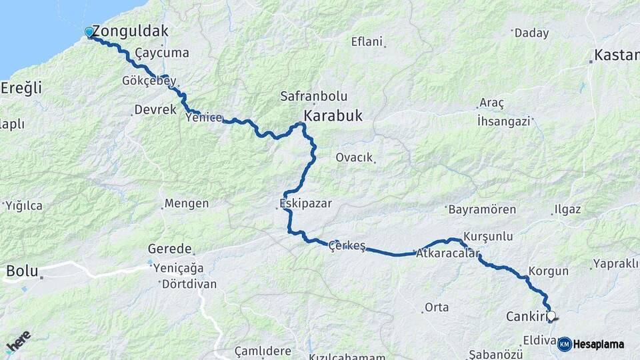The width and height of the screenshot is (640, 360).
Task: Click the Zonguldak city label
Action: [130, 31]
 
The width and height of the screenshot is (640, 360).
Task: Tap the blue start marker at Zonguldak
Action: [89, 32]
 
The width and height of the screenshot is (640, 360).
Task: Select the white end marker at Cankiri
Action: [551, 316]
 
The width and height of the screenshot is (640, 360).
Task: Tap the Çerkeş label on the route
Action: [347, 246]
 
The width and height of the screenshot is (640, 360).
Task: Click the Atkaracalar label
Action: [447, 254]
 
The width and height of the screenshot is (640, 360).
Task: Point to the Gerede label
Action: [170, 249]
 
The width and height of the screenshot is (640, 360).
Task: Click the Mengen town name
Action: [187, 203]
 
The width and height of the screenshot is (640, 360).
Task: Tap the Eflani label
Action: [367, 41]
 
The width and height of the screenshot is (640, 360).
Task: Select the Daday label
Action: [532, 33]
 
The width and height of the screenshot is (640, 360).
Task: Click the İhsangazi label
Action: [503, 121]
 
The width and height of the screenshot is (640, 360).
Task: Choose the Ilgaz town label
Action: [567, 209]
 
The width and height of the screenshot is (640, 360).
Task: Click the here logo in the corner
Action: [18, 341]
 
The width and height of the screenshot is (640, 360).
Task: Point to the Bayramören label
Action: [482, 209]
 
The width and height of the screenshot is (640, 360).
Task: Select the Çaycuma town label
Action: [162, 53]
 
